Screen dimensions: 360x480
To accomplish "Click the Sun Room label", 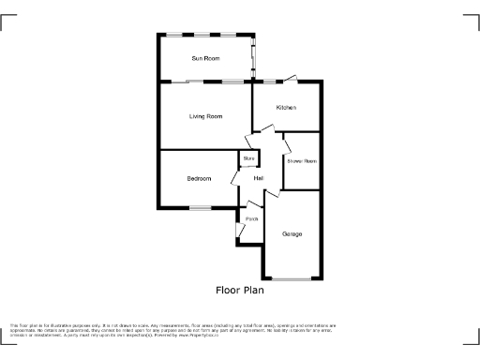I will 205,59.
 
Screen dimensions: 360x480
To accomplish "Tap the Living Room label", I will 205,116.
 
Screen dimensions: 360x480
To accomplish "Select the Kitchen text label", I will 286,108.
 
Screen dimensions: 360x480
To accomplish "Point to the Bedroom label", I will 199,178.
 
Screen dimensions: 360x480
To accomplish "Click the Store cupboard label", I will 248,159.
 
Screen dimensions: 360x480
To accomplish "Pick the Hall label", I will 257,178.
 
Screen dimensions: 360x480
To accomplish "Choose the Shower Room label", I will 302,161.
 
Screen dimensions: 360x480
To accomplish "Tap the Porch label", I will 250,220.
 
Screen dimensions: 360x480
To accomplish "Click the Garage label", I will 292,233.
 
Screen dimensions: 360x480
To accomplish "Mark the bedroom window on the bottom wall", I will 200,207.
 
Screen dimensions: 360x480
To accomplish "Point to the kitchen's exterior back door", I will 292,78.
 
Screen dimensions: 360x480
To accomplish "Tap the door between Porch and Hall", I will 252,205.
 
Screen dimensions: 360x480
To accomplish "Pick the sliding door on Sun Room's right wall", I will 252,59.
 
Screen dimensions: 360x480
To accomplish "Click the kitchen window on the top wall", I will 269,82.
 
